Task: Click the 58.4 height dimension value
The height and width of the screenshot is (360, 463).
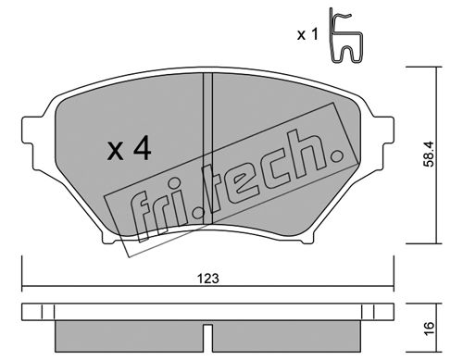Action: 429,155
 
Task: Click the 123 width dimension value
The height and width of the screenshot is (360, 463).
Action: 208,279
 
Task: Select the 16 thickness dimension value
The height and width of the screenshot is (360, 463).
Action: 429,328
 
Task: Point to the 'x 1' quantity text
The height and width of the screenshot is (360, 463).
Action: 307,34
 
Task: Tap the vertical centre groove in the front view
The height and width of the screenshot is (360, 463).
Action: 207,148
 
